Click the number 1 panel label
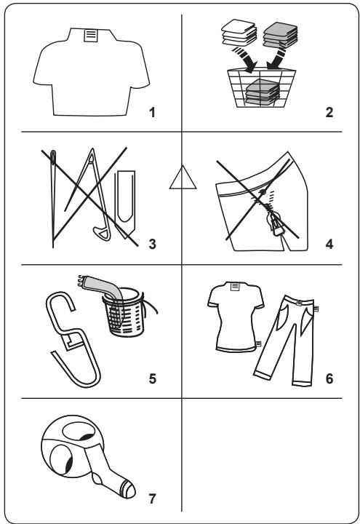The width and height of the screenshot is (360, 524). click(152, 113)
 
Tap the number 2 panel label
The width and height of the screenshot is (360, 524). click(329, 113)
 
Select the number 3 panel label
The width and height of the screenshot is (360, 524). click(152, 245)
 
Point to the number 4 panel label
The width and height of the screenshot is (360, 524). click(329, 245)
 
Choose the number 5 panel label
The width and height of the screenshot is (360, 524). click(152, 378)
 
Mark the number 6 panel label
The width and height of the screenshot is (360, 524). click(329, 378)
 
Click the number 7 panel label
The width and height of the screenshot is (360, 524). click(152, 499)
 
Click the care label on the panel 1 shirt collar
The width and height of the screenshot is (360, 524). click(91, 36)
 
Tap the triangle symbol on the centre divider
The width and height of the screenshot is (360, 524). click(183, 177)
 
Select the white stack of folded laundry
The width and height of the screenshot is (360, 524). click(239, 33)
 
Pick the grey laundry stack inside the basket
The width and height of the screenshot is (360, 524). click(263, 92)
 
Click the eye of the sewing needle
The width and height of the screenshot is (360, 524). click(53, 157)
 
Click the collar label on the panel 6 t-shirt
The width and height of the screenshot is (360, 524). click(236, 287)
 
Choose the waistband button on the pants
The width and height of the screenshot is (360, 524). click(300, 303)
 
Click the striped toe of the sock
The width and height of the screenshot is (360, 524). click(128, 490)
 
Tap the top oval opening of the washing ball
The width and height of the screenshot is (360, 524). click(79, 432)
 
